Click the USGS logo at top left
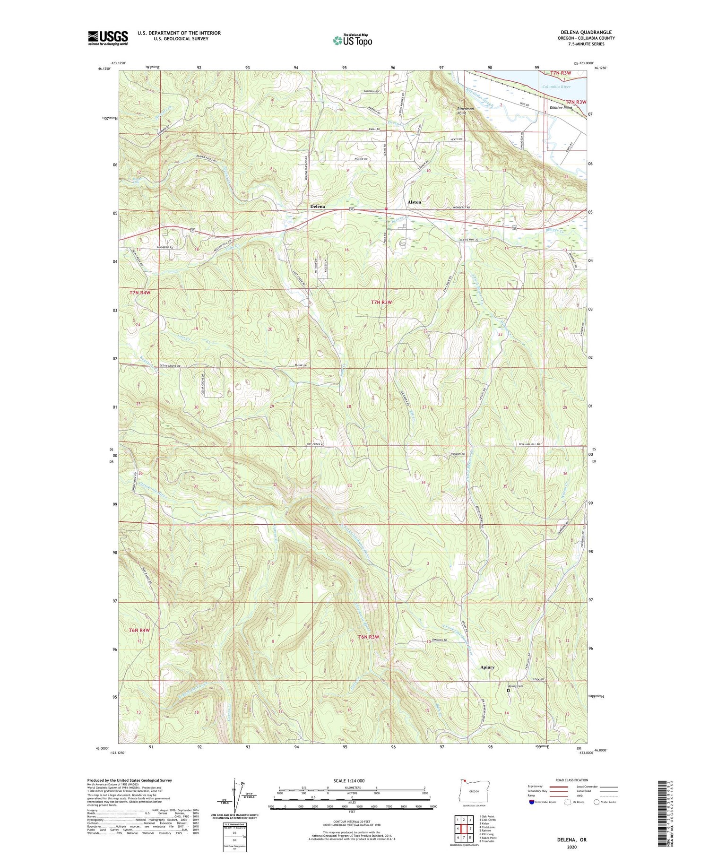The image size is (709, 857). (108, 38)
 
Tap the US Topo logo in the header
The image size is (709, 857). (352, 40)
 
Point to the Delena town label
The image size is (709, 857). (317, 207)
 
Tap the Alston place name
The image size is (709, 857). (414, 202)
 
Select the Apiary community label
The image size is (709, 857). (487, 667)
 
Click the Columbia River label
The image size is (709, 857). (556, 87)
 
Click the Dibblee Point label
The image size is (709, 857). (561, 108)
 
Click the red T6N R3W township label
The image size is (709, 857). (369, 637)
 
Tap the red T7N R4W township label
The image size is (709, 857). (140, 293)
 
